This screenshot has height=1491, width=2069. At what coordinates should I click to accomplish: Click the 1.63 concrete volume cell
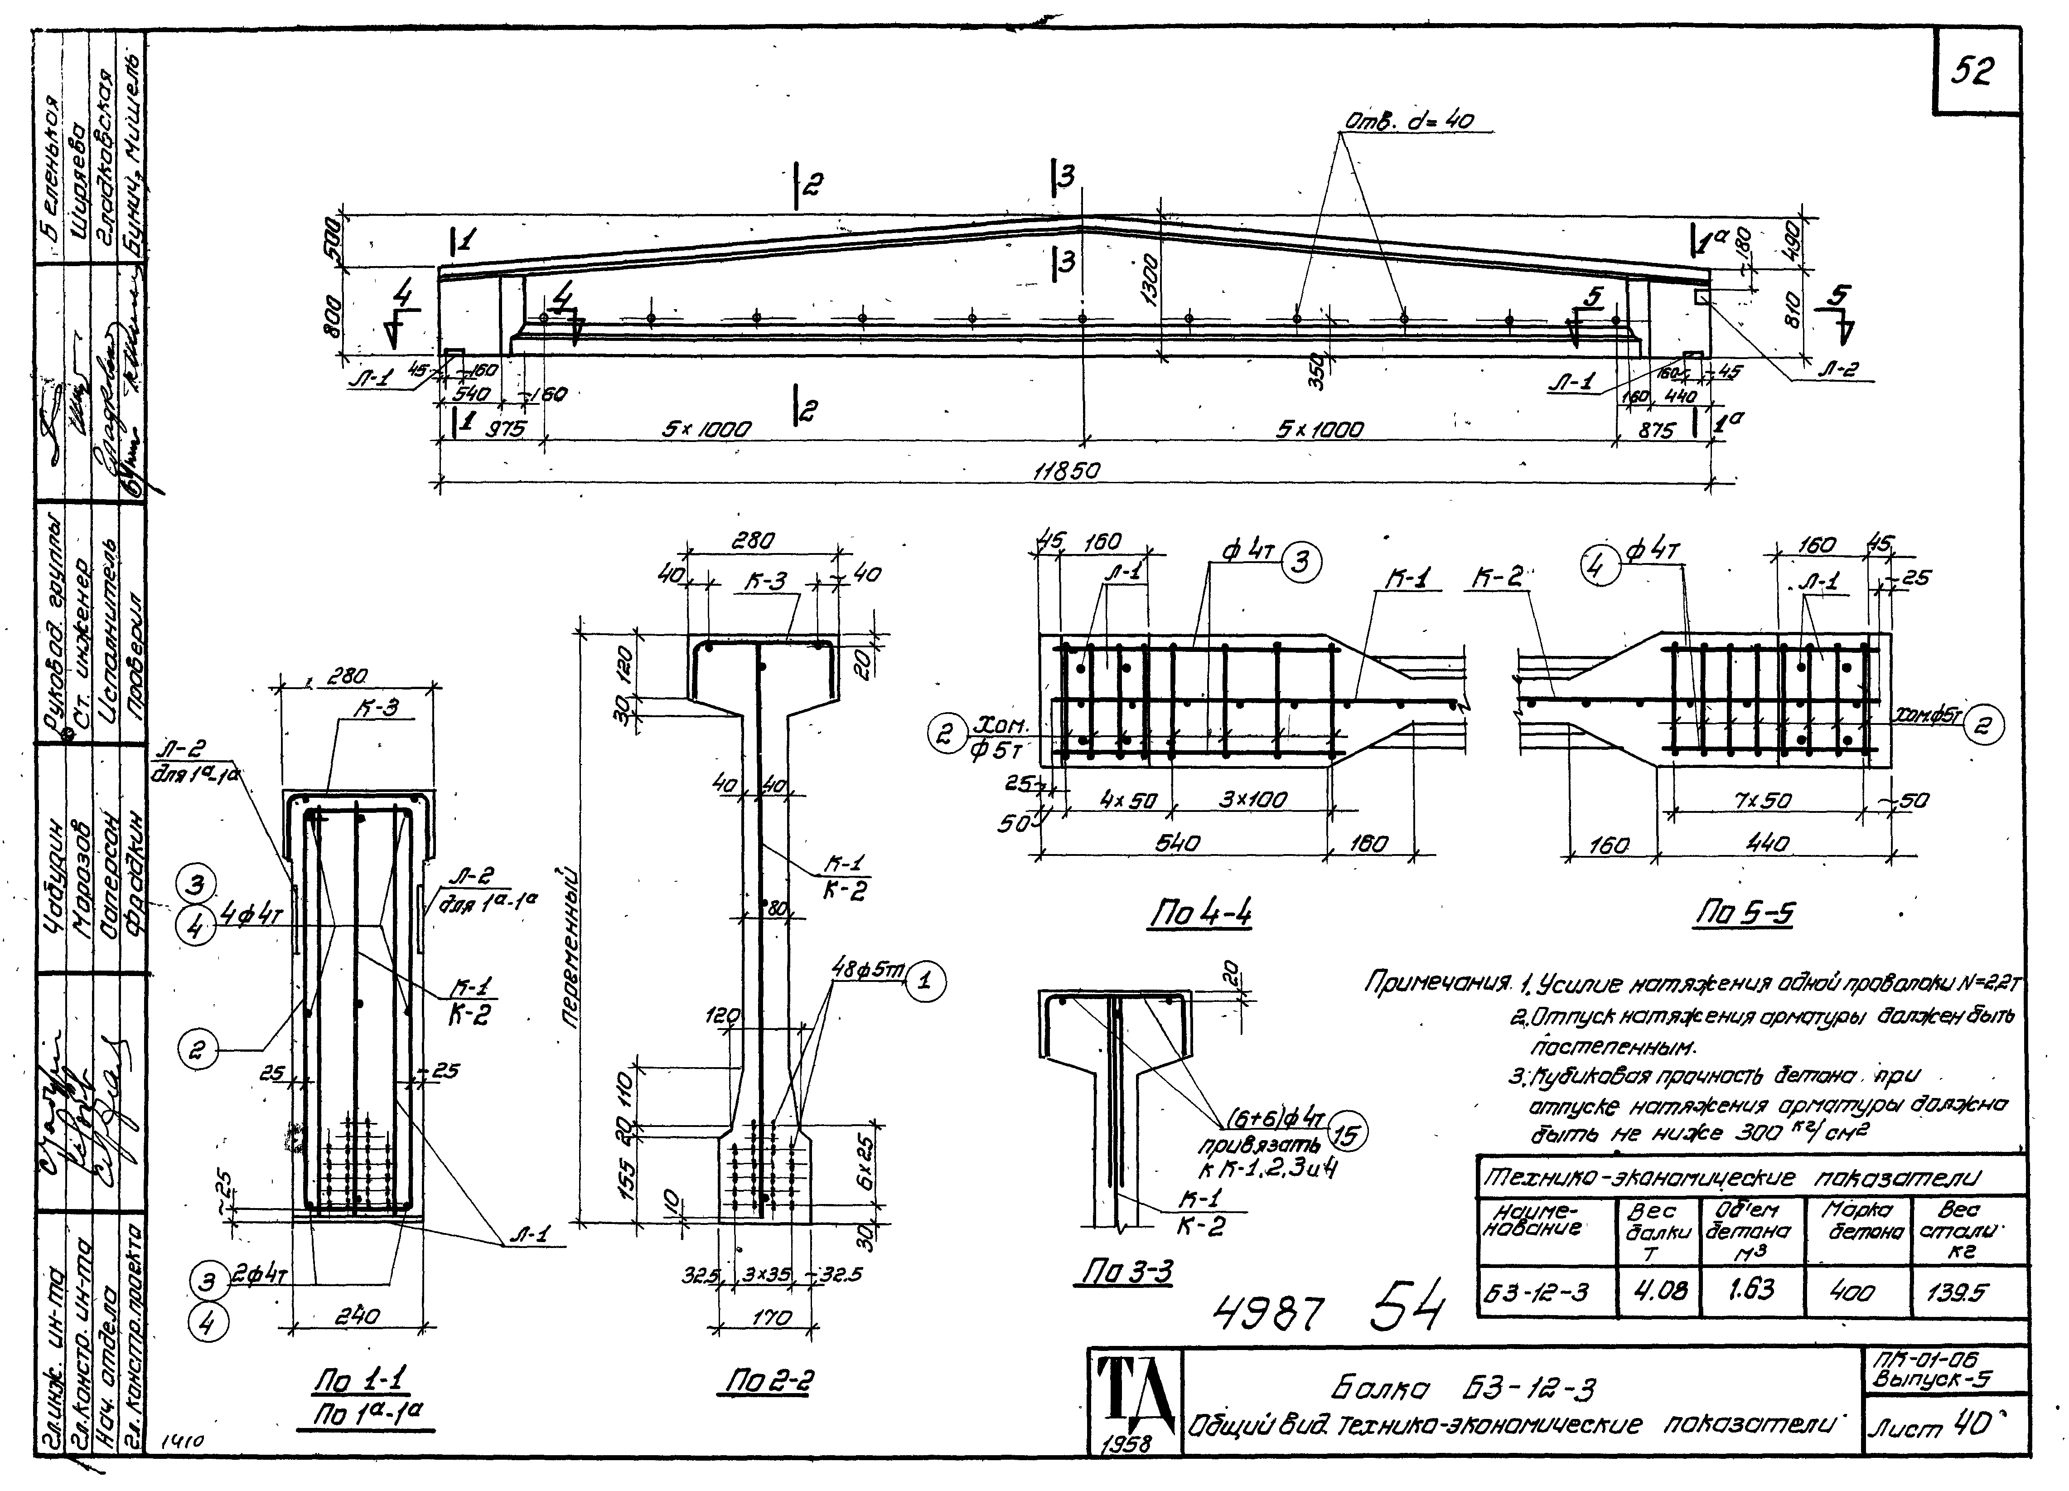tap(1751, 1289)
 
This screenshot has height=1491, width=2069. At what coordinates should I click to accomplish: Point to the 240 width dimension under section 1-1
tap(358, 1316)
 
